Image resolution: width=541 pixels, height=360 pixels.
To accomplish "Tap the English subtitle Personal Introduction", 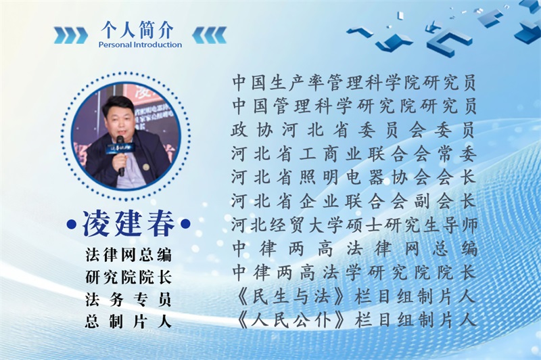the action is [140, 45].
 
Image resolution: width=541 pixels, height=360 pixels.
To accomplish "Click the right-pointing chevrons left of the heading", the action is [71, 35].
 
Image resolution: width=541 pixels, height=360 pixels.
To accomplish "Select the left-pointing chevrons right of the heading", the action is [210, 35].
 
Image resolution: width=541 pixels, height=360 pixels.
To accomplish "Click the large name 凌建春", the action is [128, 224].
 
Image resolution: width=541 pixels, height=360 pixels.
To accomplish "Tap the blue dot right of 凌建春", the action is [185, 224].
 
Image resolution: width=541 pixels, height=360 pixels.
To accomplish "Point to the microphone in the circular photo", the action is [120, 156].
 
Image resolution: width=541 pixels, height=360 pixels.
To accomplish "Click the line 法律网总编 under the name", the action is [128, 255].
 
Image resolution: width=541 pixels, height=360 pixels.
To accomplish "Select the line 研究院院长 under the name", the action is [128, 277].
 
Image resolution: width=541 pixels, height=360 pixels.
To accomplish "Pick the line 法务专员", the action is [128, 300].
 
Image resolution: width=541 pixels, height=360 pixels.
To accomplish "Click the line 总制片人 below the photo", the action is [128, 321].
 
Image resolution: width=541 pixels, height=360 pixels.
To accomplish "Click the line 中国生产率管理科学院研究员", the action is [354, 83].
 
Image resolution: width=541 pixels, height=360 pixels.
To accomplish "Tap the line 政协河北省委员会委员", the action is [354, 130].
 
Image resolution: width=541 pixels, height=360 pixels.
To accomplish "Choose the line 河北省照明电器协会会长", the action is [354, 178].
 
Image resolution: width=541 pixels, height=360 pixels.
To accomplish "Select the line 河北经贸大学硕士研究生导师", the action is [354, 225].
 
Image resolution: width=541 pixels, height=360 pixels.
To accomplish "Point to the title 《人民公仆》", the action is [290, 321].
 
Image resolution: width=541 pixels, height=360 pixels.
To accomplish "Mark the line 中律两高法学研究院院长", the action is [354, 273].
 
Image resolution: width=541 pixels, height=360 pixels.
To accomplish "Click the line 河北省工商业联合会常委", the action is [354, 154].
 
